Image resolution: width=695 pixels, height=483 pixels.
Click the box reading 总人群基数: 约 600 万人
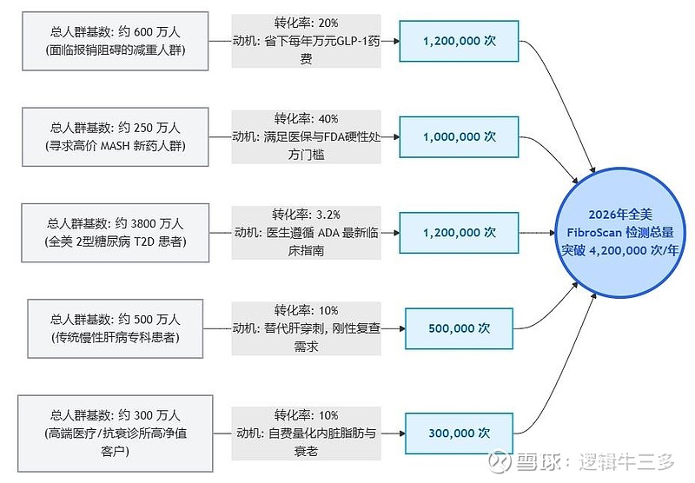coord(116,41)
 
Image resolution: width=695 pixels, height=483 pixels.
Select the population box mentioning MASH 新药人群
coord(116,137)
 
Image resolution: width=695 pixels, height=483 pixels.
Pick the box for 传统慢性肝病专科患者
coord(116,328)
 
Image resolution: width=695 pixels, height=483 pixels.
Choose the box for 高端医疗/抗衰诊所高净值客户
coord(116,433)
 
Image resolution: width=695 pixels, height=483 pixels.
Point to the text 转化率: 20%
coord(306,23)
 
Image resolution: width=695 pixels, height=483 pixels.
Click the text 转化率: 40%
coord(306,119)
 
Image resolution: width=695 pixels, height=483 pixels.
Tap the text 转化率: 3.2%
coord(306,215)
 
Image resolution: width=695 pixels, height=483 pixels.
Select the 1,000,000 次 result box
coord(460,137)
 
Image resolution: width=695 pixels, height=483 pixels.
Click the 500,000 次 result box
coord(460,328)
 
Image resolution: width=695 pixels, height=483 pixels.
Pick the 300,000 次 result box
coord(460,433)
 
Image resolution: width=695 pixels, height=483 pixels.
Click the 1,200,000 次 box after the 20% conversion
coord(460,41)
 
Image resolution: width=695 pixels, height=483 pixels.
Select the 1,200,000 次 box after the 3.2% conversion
coord(460,233)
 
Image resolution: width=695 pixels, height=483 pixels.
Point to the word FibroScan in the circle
coord(594,232)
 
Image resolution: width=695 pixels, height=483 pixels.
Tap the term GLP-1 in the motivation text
coord(353,41)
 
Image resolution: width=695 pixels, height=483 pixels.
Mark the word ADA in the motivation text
coord(328,233)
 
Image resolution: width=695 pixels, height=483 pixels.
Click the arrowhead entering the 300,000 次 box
coord(402,433)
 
